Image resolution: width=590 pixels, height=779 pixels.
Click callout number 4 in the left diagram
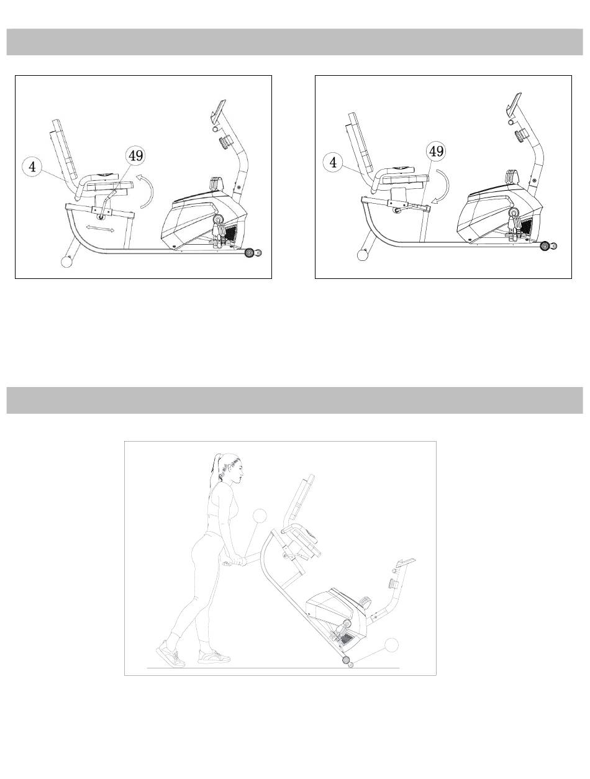[x=32, y=166]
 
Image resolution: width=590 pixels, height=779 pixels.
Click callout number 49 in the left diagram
[x=135, y=155]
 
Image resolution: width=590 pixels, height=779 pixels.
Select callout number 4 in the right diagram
[x=333, y=162]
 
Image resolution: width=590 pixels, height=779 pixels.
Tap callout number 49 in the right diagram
[x=436, y=152]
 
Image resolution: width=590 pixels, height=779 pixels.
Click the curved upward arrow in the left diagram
[x=152, y=190]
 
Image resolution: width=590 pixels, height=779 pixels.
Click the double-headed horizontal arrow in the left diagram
[x=101, y=228]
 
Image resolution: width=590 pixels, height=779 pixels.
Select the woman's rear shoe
[x=171, y=654]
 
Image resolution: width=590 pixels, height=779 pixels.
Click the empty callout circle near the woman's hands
[x=260, y=516]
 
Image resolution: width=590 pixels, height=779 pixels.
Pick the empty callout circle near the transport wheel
[x=392, y=644]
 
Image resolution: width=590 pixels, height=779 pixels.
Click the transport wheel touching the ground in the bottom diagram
[x=345, y=660]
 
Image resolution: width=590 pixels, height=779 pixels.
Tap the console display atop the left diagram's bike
[x=218, y=108]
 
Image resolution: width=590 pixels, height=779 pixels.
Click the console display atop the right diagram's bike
[x=514, y=103]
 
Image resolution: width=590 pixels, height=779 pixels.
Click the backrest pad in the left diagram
[x=64, y=150]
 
